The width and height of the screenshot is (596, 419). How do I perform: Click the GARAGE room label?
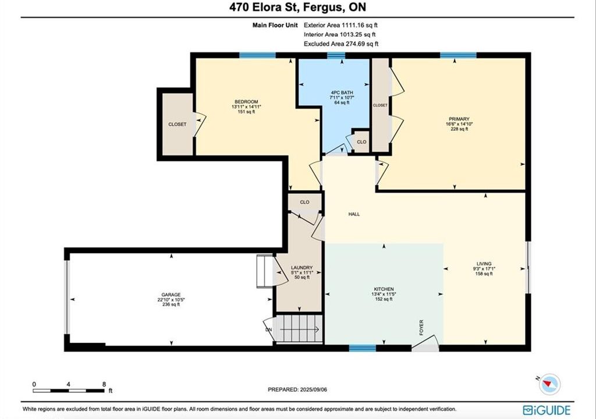171,294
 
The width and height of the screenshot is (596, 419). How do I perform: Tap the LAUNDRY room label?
302,268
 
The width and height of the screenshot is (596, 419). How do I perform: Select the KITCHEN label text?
384,289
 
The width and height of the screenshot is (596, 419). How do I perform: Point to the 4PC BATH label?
342,93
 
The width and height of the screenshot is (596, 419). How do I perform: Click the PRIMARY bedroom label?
459,119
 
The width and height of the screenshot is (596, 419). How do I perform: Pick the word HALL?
354,214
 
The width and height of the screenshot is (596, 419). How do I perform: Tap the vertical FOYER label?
421,328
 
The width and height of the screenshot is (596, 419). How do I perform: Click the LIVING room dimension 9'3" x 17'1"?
484,268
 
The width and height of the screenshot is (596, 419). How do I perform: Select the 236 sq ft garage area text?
171,304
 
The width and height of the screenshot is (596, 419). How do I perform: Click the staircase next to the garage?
299,329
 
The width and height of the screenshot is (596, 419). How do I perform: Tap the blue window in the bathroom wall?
336,55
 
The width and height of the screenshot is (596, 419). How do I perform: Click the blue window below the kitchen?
362,348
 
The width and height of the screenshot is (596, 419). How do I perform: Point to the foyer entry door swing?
425,343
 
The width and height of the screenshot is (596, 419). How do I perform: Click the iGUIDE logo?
547,410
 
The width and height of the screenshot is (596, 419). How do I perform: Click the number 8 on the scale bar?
104,385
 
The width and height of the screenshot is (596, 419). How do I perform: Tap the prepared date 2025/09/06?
314,390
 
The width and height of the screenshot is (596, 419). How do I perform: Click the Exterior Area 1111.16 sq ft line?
340,25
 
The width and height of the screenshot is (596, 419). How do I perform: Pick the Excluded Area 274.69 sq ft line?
341,44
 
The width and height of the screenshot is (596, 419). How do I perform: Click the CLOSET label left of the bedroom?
178,125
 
